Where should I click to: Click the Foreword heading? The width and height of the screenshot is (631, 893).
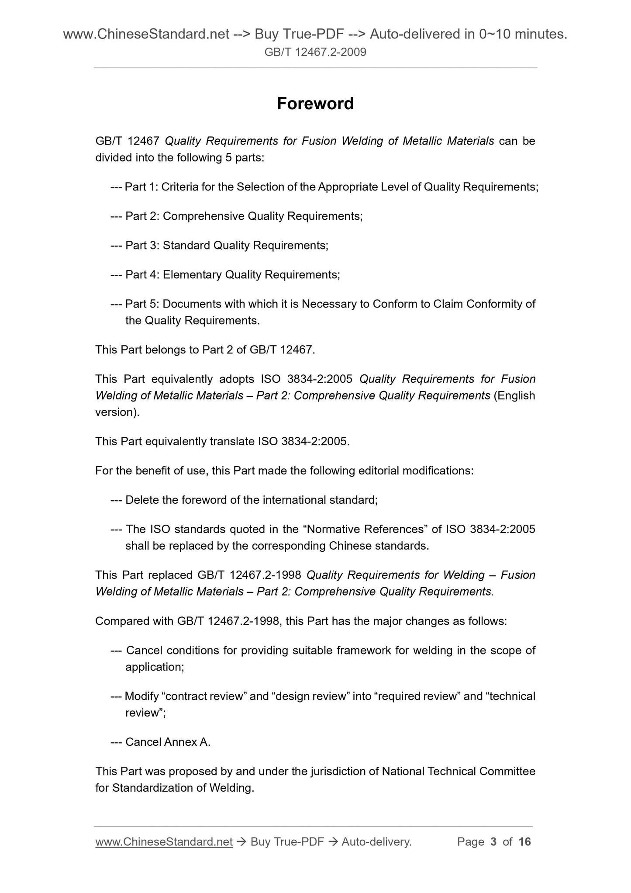[315, 104]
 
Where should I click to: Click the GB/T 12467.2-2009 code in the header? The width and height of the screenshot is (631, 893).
[315, 52]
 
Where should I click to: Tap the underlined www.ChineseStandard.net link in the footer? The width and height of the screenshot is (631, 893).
[164, 841]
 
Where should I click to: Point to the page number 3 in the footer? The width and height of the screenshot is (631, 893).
[493, 841]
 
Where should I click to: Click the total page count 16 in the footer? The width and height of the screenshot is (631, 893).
[524, 841]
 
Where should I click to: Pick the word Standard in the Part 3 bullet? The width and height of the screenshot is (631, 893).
[186, 246]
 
